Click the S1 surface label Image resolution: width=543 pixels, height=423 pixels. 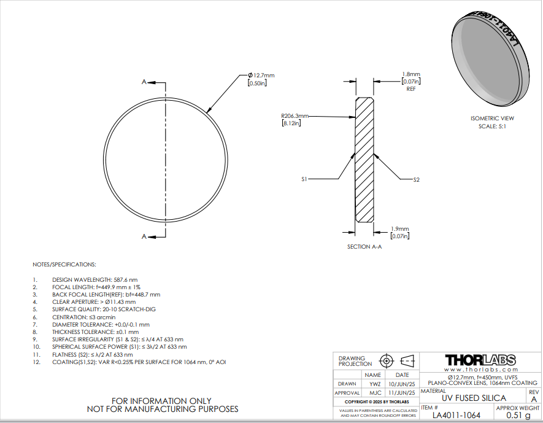pyautogui.click(x=304, y=179)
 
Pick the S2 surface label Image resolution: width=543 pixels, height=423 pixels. pyautogui.click(x=416, y=179)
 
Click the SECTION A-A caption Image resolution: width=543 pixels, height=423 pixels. pyautogui.click(x=364, y=246)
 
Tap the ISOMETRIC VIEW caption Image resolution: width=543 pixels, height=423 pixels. pyautogui.click(x=492, y=118)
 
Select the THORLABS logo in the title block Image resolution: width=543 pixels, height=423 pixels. pyautogui.click(x=480, y=360)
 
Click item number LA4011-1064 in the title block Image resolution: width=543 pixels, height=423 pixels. pyautogui.click(x=456, y=415)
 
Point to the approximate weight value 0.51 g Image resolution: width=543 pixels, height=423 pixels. pyautogui.click(x=518, y=415)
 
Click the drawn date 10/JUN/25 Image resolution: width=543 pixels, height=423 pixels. pyautogui.click(x=402, y=384)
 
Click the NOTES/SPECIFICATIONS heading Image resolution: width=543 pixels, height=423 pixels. pyautogui.click(x=64, y=265)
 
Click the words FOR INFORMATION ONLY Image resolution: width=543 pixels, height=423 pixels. pyautogui.click(x=163, y=401)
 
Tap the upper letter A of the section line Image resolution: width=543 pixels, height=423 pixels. pyautogui.click(x=144, y=82)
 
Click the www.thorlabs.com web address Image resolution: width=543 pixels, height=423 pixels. pyautogui.click(x=480, y=370)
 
